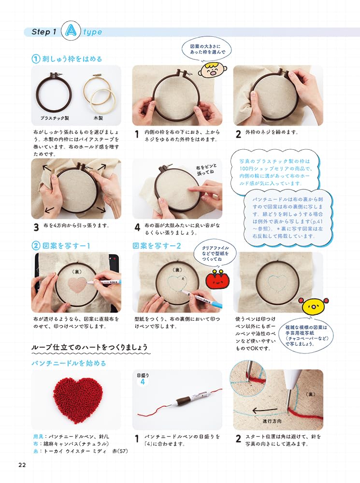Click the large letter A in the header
pyautogui.click(x=71, y=32)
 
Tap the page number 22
pyautogui.click(x=22, y=465)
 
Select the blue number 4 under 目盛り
pyautogui.click(x=143, y=382)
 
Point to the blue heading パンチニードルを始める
pyautogui.click(x=69, y=363)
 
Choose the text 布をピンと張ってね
pyautogui.click(x=206, y=168)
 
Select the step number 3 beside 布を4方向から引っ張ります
pyautogui.click(x=36, y=227)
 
